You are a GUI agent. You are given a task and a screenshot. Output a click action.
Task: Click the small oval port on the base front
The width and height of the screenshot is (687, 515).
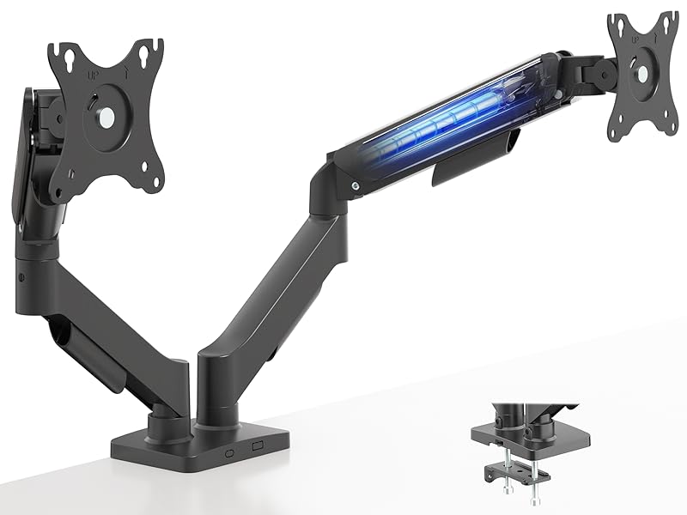click(x=230, y=451)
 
